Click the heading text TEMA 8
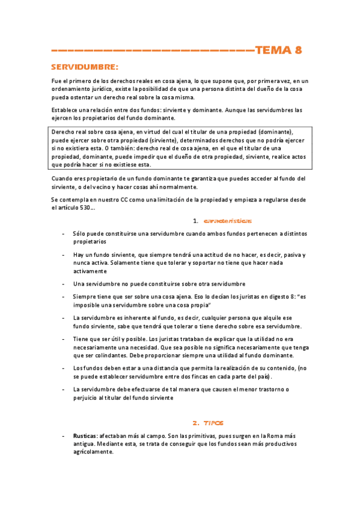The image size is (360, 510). point(278,51)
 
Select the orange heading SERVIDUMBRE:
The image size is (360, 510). point(84,66)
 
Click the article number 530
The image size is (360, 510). point(85,207)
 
